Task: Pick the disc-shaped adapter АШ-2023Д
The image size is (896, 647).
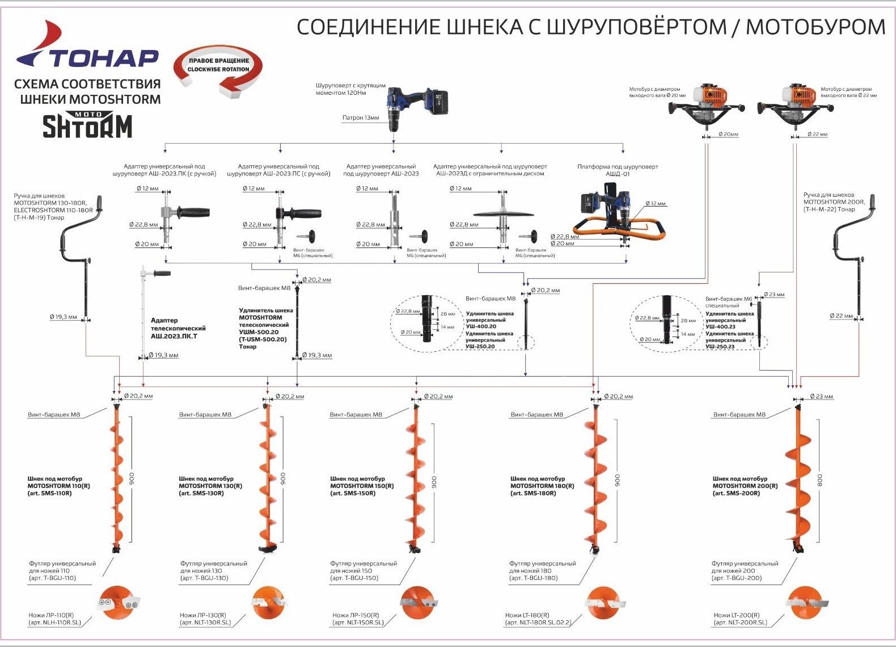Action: click(502, 215)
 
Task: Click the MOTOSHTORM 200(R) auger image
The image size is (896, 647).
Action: click(800, 477)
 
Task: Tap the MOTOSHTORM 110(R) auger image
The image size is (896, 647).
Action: click(117, 477)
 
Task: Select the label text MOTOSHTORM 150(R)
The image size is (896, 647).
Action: click(362, 486)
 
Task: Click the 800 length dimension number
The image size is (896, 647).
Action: click(819, 480)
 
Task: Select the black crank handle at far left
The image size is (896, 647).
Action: click(79, 250)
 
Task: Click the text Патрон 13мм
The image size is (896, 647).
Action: click(360, 118)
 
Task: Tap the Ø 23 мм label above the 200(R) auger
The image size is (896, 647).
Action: click(821, 397)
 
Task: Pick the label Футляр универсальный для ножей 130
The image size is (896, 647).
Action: click(213, 570)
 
